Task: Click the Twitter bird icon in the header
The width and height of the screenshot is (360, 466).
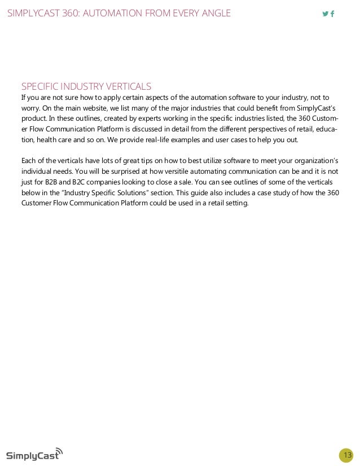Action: tap(325, 14)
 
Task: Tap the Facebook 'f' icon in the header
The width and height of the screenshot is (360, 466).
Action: tap(332, 14)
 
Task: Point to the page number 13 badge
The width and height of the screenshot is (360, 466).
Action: tap(346, 455)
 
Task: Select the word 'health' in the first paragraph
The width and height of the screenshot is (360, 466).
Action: tap(45, 140)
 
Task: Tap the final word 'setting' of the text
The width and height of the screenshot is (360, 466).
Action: tap(235, 204)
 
